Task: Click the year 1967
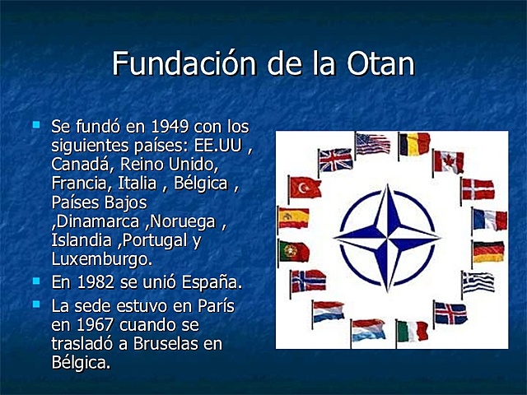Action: [x=90, y=324]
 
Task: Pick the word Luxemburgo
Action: [x=101, y=259]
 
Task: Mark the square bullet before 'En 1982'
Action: [x=35, y=281]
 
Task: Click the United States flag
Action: [x=373, y=144]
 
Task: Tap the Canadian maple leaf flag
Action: [x=450, y=160]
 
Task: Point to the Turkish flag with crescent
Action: [x=305, y=188]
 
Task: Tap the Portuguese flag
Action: [x=294, y=251]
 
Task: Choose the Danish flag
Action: [x=478, y=189]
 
